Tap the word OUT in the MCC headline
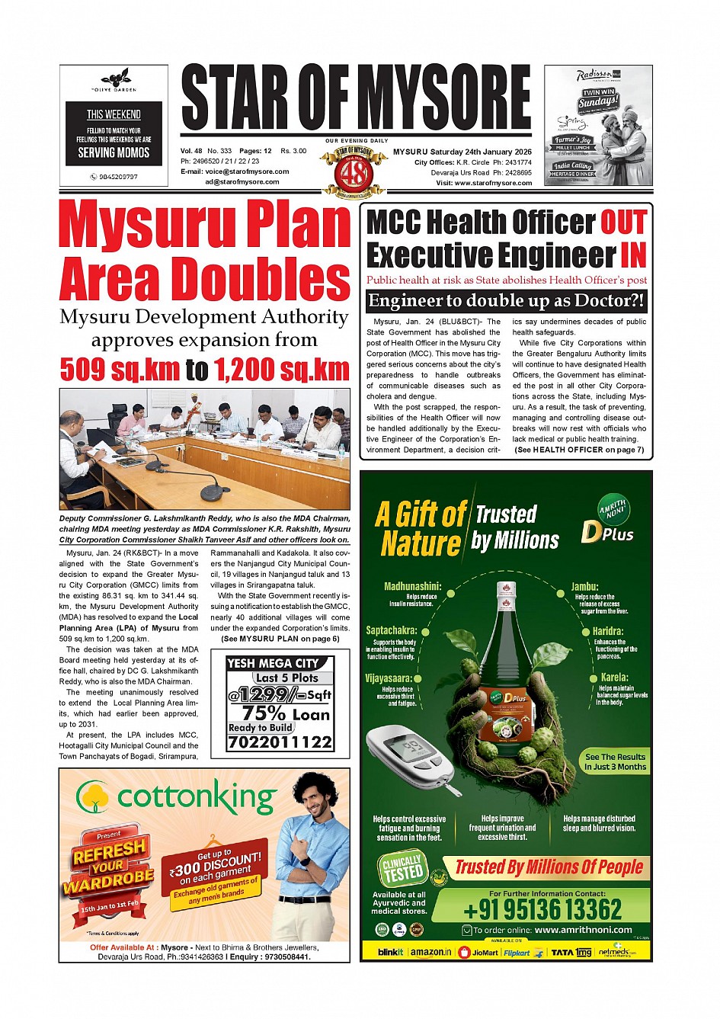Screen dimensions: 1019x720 pos(622,223)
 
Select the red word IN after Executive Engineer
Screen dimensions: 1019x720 pos(632,255)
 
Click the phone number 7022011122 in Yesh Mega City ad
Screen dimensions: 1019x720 pos(280,742)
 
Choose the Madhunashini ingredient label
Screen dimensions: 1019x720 pos(412,586)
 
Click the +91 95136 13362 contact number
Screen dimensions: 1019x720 pos(542,909)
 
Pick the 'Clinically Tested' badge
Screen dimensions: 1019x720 pos(402,869)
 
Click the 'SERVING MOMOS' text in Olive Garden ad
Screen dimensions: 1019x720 pos(114,152)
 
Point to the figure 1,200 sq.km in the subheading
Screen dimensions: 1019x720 pos(281,370)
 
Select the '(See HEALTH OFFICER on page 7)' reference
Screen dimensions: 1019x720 pos(579,450)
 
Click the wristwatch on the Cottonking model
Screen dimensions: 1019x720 pos(306,861)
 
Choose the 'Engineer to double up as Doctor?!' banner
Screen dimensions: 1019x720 pos(506,301)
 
